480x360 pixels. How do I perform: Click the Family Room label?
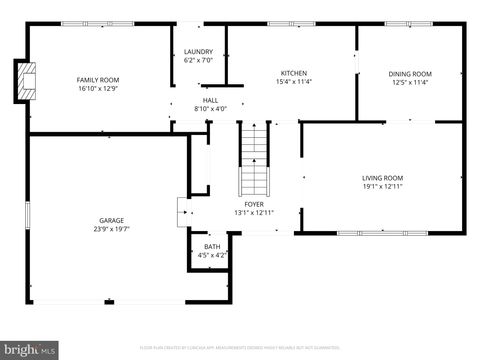pyautogui.click(x=98, y=79)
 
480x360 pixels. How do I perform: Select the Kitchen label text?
pyautogui.click(x=293, y=73)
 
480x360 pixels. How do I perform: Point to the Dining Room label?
pyautogui.click(x=410, y=74)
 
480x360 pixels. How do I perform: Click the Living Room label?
pyautogui.click(x=383, y=178)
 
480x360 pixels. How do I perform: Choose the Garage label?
pyautogui.click(x=111, y=220)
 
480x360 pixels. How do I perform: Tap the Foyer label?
pyautogui.click(x=253, y=204)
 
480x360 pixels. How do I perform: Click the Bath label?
pyautogui.click(x=212, y=246)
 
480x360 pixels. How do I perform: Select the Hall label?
pyautogui.click(x=210, y=100)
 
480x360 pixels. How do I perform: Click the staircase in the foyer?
pyautogui.click(x=255, y=161)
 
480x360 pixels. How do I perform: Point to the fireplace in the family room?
pyautogui.click(x=24, y=80)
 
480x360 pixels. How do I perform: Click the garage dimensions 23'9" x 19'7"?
pyautogui.click(x=111, y=228)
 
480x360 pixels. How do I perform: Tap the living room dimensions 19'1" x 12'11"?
pyautogui.click(x=383, y=186)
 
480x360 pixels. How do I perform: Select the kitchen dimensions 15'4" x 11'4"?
pyautogui.click(x=293, y=81)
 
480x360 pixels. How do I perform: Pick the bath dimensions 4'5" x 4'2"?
pyautogui.click(x=212, y=254)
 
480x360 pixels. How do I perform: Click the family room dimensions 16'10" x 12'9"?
pyautogui.click(x=98, y=87)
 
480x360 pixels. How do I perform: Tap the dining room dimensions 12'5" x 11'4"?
pyautogui.click(x=410, y=82)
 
